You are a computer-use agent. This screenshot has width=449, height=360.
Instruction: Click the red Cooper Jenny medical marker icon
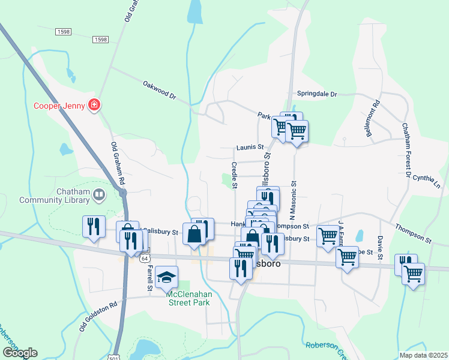[94, 106]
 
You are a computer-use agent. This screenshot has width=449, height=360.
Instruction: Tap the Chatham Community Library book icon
[98, 194]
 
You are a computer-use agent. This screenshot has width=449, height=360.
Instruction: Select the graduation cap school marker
[167, 277]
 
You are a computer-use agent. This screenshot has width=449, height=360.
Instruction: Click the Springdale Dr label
[318, 94]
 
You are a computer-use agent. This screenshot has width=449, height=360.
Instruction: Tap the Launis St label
[250, 147]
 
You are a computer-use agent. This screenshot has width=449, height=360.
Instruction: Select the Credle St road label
[234, 174]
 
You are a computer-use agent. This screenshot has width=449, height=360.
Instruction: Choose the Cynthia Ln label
[426, 182]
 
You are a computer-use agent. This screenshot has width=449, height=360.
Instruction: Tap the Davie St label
[380, 244]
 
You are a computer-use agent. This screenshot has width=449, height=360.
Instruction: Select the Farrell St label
[149, 277]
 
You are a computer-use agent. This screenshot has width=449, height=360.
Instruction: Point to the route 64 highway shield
[144, 259]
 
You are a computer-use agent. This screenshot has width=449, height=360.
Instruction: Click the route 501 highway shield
[117, 356]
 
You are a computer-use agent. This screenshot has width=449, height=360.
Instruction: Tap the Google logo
[20, 352]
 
